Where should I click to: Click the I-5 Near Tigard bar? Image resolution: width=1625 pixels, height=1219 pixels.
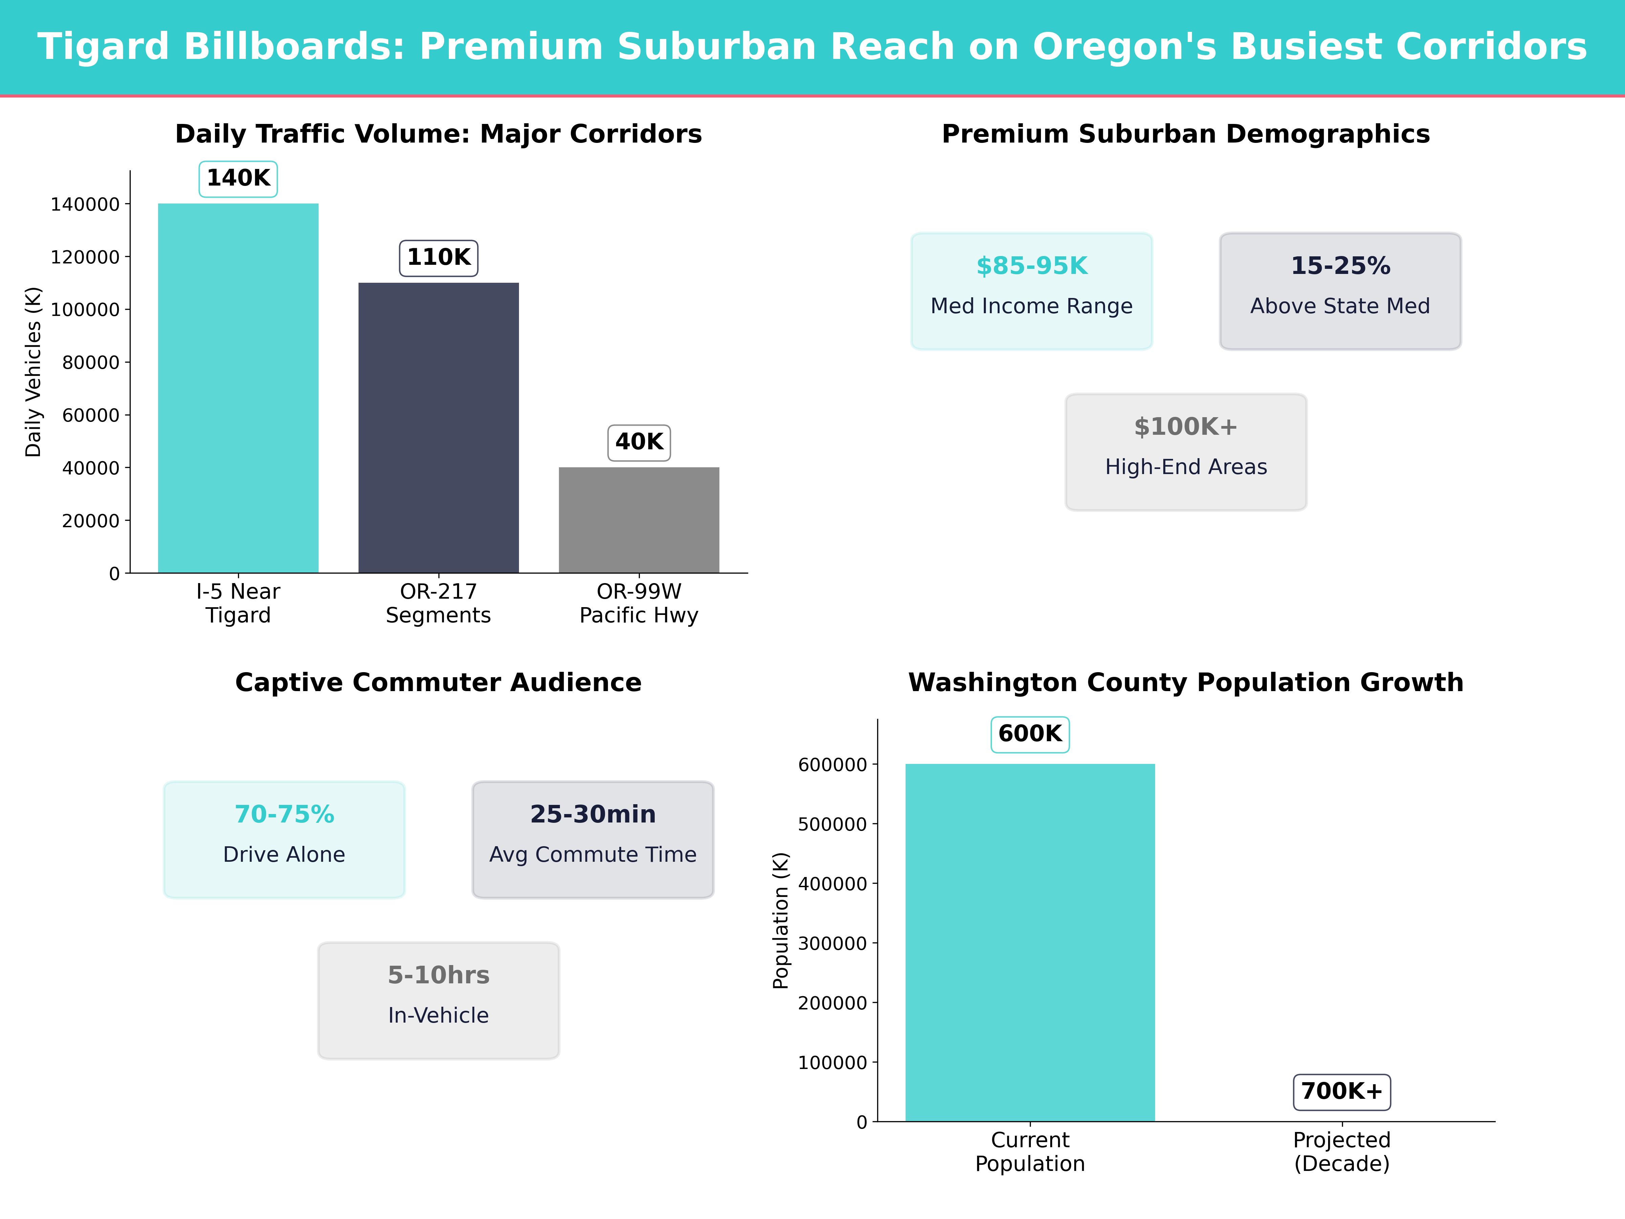(x=238, y=388)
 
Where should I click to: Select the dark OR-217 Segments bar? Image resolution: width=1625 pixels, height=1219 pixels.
(x=438, y=428)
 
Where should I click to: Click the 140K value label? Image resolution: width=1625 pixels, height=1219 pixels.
(x=238, y=178)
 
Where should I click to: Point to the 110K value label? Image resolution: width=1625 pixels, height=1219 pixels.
(x=438, y=258)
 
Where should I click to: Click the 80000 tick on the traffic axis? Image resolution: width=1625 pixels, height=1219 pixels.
(x=90, y=362)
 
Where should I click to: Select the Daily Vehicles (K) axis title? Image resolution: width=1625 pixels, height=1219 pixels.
(x=33, y=372)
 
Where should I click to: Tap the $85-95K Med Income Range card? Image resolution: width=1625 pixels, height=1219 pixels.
(x=1032, y=291)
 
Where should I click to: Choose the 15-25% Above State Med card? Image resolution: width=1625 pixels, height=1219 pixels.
(x=1340, y=291)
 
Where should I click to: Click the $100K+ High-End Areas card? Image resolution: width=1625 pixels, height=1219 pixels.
(x=1186, y=452)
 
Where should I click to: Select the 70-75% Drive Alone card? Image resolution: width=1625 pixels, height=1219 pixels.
(x=284, y=839)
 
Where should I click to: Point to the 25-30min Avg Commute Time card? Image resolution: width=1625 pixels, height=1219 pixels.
(x=593, y=839)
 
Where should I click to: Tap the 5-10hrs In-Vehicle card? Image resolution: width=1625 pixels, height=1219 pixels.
(x=438, y=1000)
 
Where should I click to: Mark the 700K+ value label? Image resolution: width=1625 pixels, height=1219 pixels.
(x=1341, y=1091)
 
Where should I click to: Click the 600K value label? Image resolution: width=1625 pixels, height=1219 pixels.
(x=1030, y=734)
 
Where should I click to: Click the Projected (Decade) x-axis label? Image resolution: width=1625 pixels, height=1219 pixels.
(x=1341, y=1151)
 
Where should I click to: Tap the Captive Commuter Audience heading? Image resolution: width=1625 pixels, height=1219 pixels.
(x=438, y=683)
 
